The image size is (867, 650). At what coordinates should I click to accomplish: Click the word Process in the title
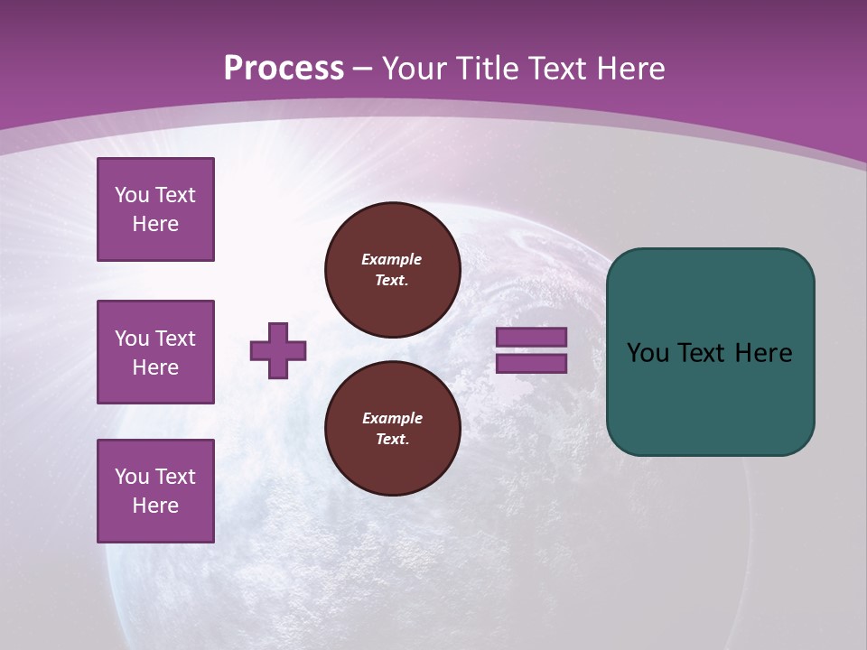pyautogui.click(x=284, y=69)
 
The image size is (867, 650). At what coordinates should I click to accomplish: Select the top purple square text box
pyautogui.click(x=155, y=209)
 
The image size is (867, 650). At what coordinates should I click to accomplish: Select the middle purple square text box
pyautogui.click(x=155, y=352)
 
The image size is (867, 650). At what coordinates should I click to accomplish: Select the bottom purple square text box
pyautogui.click(x=155, y=491)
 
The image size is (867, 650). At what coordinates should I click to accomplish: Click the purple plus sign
pyautogui.click(x=278, y=350)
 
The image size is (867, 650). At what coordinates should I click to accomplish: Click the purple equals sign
pyautogui.click(x=531, y=350)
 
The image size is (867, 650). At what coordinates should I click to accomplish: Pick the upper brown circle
pyautogui.click(x=393, y=270)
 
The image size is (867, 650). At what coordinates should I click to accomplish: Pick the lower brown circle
pyautogui.click(x=393, y=429)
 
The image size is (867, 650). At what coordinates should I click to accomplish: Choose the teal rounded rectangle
pyautogui.click(x=710, y=352)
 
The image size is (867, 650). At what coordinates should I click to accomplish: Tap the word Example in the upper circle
pyautogui.click(x=392, y=259)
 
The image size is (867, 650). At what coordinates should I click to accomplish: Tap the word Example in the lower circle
pyautogui.click(x=392, y=418)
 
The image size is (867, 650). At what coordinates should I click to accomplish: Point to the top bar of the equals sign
pyautogui.click(x=531, y=337)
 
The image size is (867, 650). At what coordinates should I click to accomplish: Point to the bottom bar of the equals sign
pyautogui.click(x=531, y=364)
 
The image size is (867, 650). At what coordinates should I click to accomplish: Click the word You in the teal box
pyautogui.click(x=647, y=353)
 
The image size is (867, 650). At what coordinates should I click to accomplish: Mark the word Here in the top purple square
pyautogui.click(x=155, y=224)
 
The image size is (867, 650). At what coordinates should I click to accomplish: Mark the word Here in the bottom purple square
pyautogui.click(x=155, y=506)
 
